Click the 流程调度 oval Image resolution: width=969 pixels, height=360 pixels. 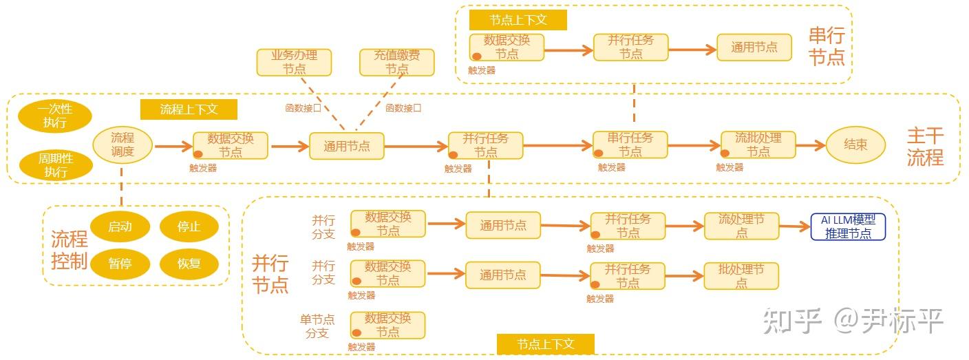(x=123, y=145)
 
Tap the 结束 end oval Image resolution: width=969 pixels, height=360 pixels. (x=855, y=145)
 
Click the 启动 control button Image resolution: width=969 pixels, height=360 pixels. (x=120, y=227)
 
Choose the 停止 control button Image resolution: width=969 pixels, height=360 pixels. (x=189, y=227)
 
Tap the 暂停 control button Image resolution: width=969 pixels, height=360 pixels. (x=120, y=263)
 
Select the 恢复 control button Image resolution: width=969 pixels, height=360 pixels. (x=189, y=263)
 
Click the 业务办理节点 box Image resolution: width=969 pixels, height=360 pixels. (x=294, y=62)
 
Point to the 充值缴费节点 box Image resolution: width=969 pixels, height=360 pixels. (x=397, y=62)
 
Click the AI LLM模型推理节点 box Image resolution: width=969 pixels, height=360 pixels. (x=848, y=226)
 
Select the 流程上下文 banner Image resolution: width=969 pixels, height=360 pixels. (x=189, y=109)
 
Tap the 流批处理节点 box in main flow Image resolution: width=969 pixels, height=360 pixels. (x=758, y=145)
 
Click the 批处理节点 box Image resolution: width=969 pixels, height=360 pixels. (x=741, y=275)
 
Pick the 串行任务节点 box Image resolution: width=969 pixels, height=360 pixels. (x=630, y=145)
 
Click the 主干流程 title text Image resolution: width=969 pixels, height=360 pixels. (x=924, y=147)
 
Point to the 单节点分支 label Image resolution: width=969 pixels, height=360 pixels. (x=317, y=326)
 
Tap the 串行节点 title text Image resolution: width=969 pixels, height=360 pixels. (x=827, y=46)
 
